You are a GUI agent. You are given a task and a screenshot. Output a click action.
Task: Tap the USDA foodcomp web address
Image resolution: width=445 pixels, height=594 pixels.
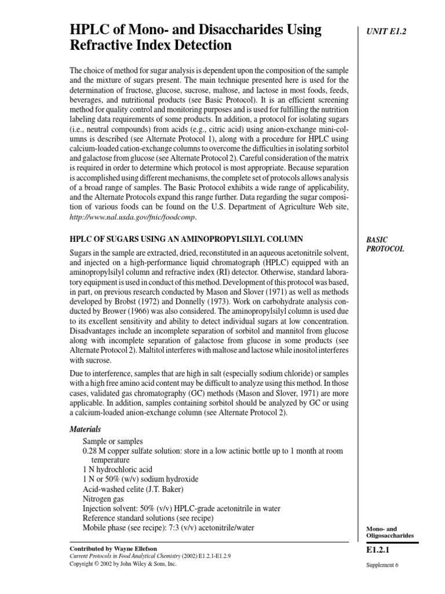click(x=133, y=217)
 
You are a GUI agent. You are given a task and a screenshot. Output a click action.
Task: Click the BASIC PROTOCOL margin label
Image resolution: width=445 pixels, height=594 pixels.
click(x=385, y=244)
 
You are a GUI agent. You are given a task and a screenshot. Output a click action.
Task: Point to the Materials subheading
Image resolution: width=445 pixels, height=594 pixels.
click(x=85, y=429)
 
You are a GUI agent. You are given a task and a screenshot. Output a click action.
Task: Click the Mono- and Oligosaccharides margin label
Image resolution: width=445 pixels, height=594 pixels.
click(x=389, y=532)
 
